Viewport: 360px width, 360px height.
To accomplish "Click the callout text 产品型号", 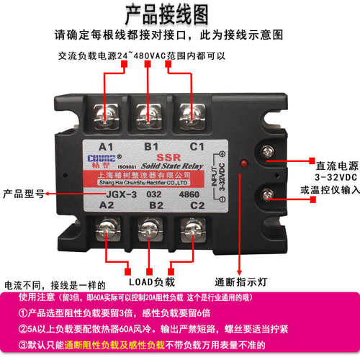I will tap(24, 193).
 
